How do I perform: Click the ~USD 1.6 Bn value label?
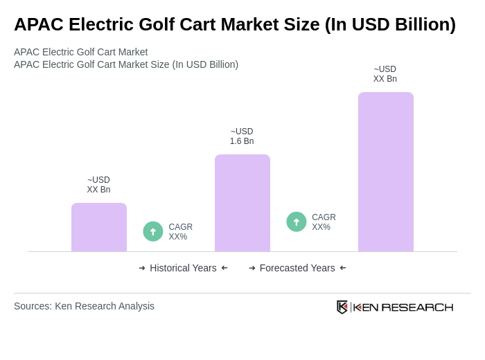[242, 136]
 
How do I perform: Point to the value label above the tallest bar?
[385, 74]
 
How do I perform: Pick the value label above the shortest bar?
[98, 185]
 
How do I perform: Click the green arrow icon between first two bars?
[153, 231]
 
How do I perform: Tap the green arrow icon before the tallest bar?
[297, 222]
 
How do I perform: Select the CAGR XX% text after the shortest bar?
[180, 232]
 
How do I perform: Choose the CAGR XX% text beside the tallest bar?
[324, 222]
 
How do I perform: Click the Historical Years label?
[183, 268]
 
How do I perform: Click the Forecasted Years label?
[297, 268]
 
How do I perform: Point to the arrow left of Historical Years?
[142, 268]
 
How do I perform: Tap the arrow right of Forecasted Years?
[343, 268]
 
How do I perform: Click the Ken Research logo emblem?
[342, 307]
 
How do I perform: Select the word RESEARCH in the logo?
[417, 307]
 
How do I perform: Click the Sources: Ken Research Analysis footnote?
[84, 306]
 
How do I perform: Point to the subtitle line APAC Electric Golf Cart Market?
[80, 52]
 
